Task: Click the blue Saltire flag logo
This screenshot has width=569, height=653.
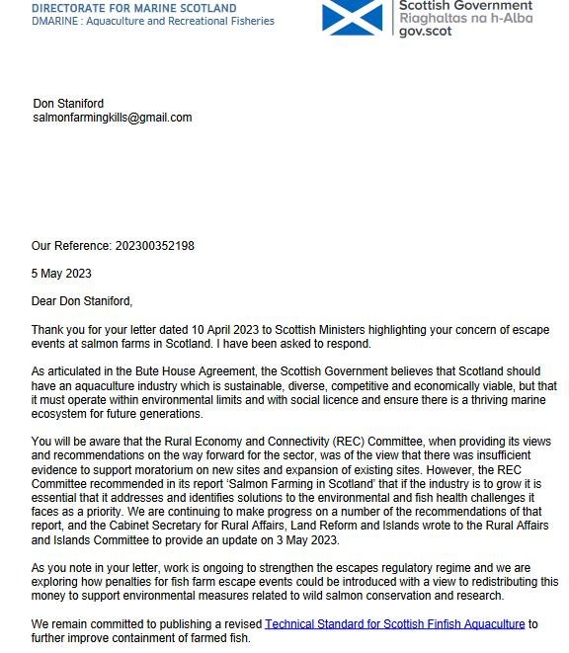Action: [352, 17]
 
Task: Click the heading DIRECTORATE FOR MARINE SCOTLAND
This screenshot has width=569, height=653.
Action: [134, 8]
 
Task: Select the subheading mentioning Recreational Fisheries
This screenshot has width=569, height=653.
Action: [153, 21]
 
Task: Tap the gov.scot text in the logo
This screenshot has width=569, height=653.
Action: [424, 31]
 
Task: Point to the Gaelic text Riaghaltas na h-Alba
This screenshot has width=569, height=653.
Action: [464, 18]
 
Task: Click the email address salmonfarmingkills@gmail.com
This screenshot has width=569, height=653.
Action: [112, 118]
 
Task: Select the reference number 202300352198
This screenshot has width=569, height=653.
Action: [154, 246]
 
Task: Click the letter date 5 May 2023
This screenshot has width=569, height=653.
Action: [61, 274]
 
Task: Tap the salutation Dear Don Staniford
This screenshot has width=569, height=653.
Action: [81, 301]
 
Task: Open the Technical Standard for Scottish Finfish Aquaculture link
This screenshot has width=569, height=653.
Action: [394, 624]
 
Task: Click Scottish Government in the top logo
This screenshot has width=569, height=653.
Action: [465, 5]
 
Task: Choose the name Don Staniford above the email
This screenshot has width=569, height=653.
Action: [68, 104]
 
